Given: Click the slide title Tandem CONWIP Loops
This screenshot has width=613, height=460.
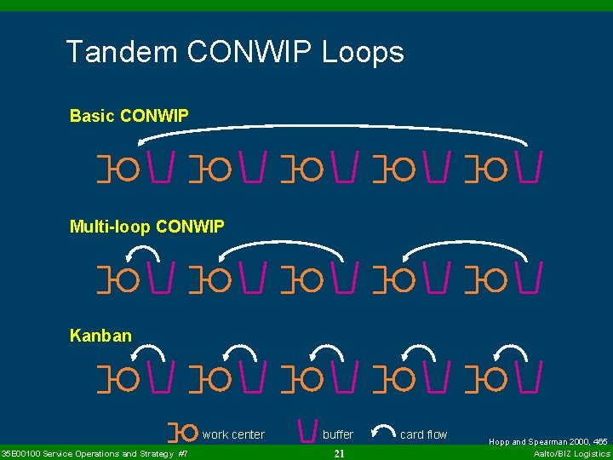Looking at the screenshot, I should click(235, 53).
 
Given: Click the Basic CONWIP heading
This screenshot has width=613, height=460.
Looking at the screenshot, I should click(129, 115).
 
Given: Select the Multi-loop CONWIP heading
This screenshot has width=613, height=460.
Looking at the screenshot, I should click(147, 227).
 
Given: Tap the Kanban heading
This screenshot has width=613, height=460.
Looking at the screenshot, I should click(100, 336).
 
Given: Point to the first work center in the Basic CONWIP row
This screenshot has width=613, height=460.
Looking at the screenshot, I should click(125, 169).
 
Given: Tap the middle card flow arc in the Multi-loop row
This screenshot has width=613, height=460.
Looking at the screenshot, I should click(281, 244).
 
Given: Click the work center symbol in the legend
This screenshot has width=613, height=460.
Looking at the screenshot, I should click(185, 433).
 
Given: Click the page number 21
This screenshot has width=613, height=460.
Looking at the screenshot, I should click(339, 454).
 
